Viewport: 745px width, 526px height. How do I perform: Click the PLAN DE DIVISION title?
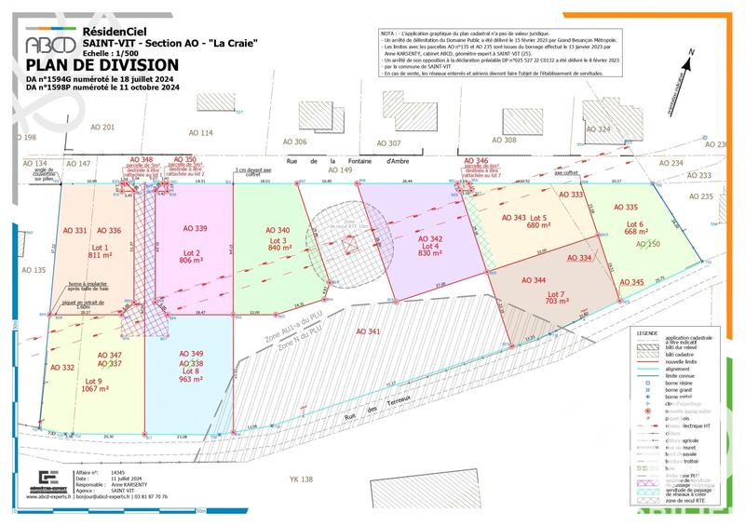click(x=102, y=65)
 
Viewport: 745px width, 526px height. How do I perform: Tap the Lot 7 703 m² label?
click(x=556, y=296)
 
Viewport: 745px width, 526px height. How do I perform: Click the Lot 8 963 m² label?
click(x=190, y=375)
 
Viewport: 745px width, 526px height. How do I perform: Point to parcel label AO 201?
click(x=102, y=127)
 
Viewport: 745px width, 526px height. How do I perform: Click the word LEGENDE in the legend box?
click(x=647, y=332)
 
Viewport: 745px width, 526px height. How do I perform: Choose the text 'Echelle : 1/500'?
click(x=108, y=53)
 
